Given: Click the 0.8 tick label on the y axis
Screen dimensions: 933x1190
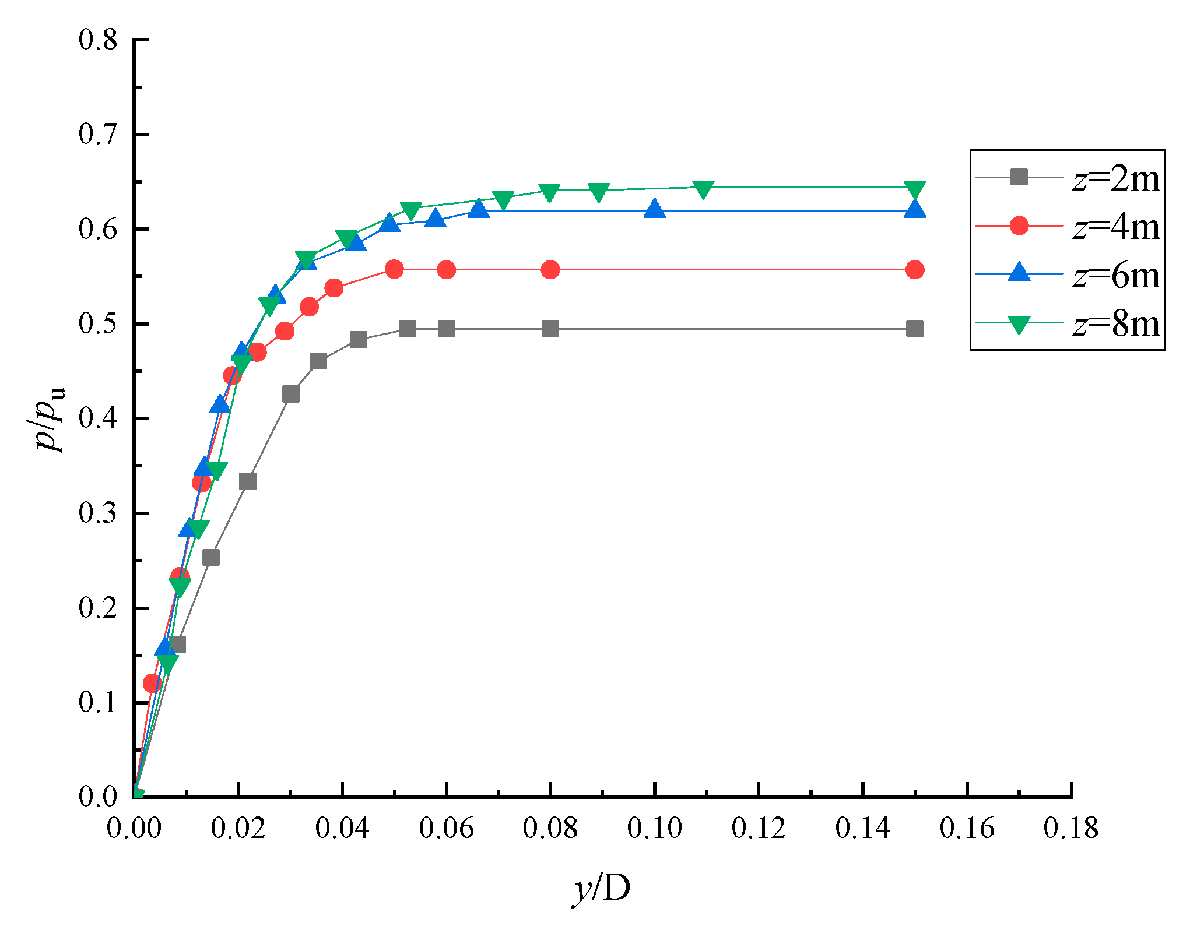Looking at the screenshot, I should tap(98, 40).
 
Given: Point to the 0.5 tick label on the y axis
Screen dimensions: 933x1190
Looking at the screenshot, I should tap(98, 324).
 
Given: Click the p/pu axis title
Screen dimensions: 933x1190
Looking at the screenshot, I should tap(50, 418).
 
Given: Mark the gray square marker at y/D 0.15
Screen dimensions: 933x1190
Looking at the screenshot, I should tap(915, 329).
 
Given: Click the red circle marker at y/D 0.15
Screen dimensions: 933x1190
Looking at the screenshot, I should tap(915, 270).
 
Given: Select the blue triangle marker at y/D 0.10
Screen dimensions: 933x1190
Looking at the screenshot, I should tap(655, 209).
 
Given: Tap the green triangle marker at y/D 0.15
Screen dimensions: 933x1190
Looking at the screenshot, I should tap(915, 189).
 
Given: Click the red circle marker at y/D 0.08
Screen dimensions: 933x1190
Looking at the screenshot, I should tap(550, 270).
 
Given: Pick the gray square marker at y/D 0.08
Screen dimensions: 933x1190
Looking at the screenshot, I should tap(550, 329).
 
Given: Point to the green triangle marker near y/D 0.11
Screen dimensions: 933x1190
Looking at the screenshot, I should tap(704, 189).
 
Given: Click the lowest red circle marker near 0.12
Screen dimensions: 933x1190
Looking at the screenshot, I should tap(152, 683).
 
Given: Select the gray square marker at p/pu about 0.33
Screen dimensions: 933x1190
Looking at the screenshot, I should tap(248, 482).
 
